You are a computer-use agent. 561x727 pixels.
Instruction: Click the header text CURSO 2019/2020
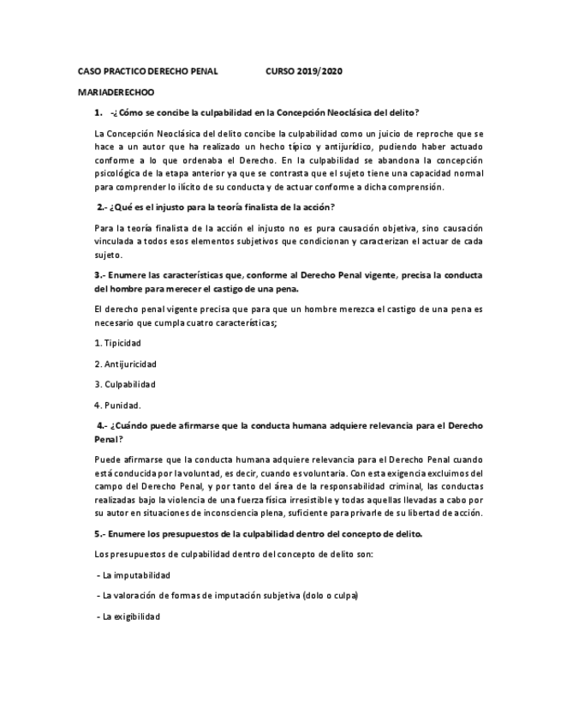(x=305, y=71)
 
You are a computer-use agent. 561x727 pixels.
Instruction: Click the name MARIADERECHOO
(x=116, y=92)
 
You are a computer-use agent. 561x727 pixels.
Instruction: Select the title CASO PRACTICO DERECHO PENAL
(x=147, y=71)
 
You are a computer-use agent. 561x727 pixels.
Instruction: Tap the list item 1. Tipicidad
(x=118, y=343)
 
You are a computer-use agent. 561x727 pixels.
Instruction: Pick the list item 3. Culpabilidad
(x=125, y=384)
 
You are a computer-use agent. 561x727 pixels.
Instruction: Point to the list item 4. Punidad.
(x=118, y=405)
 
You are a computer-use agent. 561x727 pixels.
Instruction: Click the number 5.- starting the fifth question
(x=102, y=533)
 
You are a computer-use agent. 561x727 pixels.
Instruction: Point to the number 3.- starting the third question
(x=102, y=275)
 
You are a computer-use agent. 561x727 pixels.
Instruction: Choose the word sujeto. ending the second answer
(x=110, y=255)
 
